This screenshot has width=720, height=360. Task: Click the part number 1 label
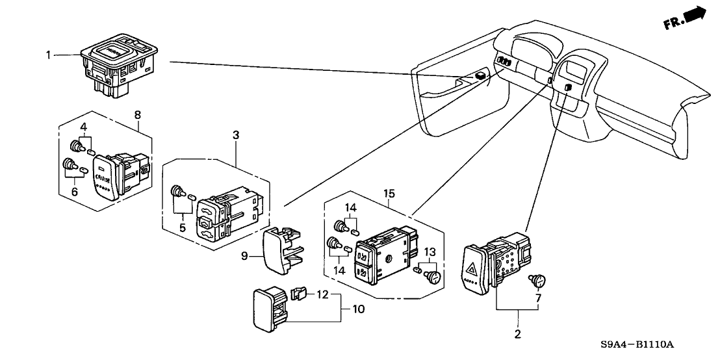(47, 55)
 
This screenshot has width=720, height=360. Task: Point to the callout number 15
(389, 193)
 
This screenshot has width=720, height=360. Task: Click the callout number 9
(245, 257)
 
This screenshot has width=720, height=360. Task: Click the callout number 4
(83, 126)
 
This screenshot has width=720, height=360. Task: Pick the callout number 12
(323, 295)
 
